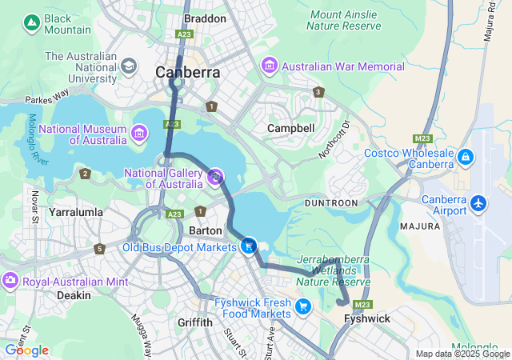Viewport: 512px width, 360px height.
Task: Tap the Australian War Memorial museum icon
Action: point(269,66)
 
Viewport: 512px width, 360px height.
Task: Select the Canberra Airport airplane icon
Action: point(478,203)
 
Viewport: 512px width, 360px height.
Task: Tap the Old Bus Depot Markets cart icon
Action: point(249,246)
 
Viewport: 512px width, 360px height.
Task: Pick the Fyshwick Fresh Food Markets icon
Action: point(302,305)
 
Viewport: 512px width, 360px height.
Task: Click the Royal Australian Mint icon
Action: point(10,281)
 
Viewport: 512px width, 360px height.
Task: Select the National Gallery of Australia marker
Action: point(215,177)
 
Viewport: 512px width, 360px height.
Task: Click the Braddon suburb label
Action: point(202,18)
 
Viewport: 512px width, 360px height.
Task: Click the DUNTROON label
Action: point(332,203)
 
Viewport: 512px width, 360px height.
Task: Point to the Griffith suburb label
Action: point(194,322)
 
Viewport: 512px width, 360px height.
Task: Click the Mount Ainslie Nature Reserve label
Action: point(346,20)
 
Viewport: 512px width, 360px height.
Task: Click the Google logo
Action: point(27,350)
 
